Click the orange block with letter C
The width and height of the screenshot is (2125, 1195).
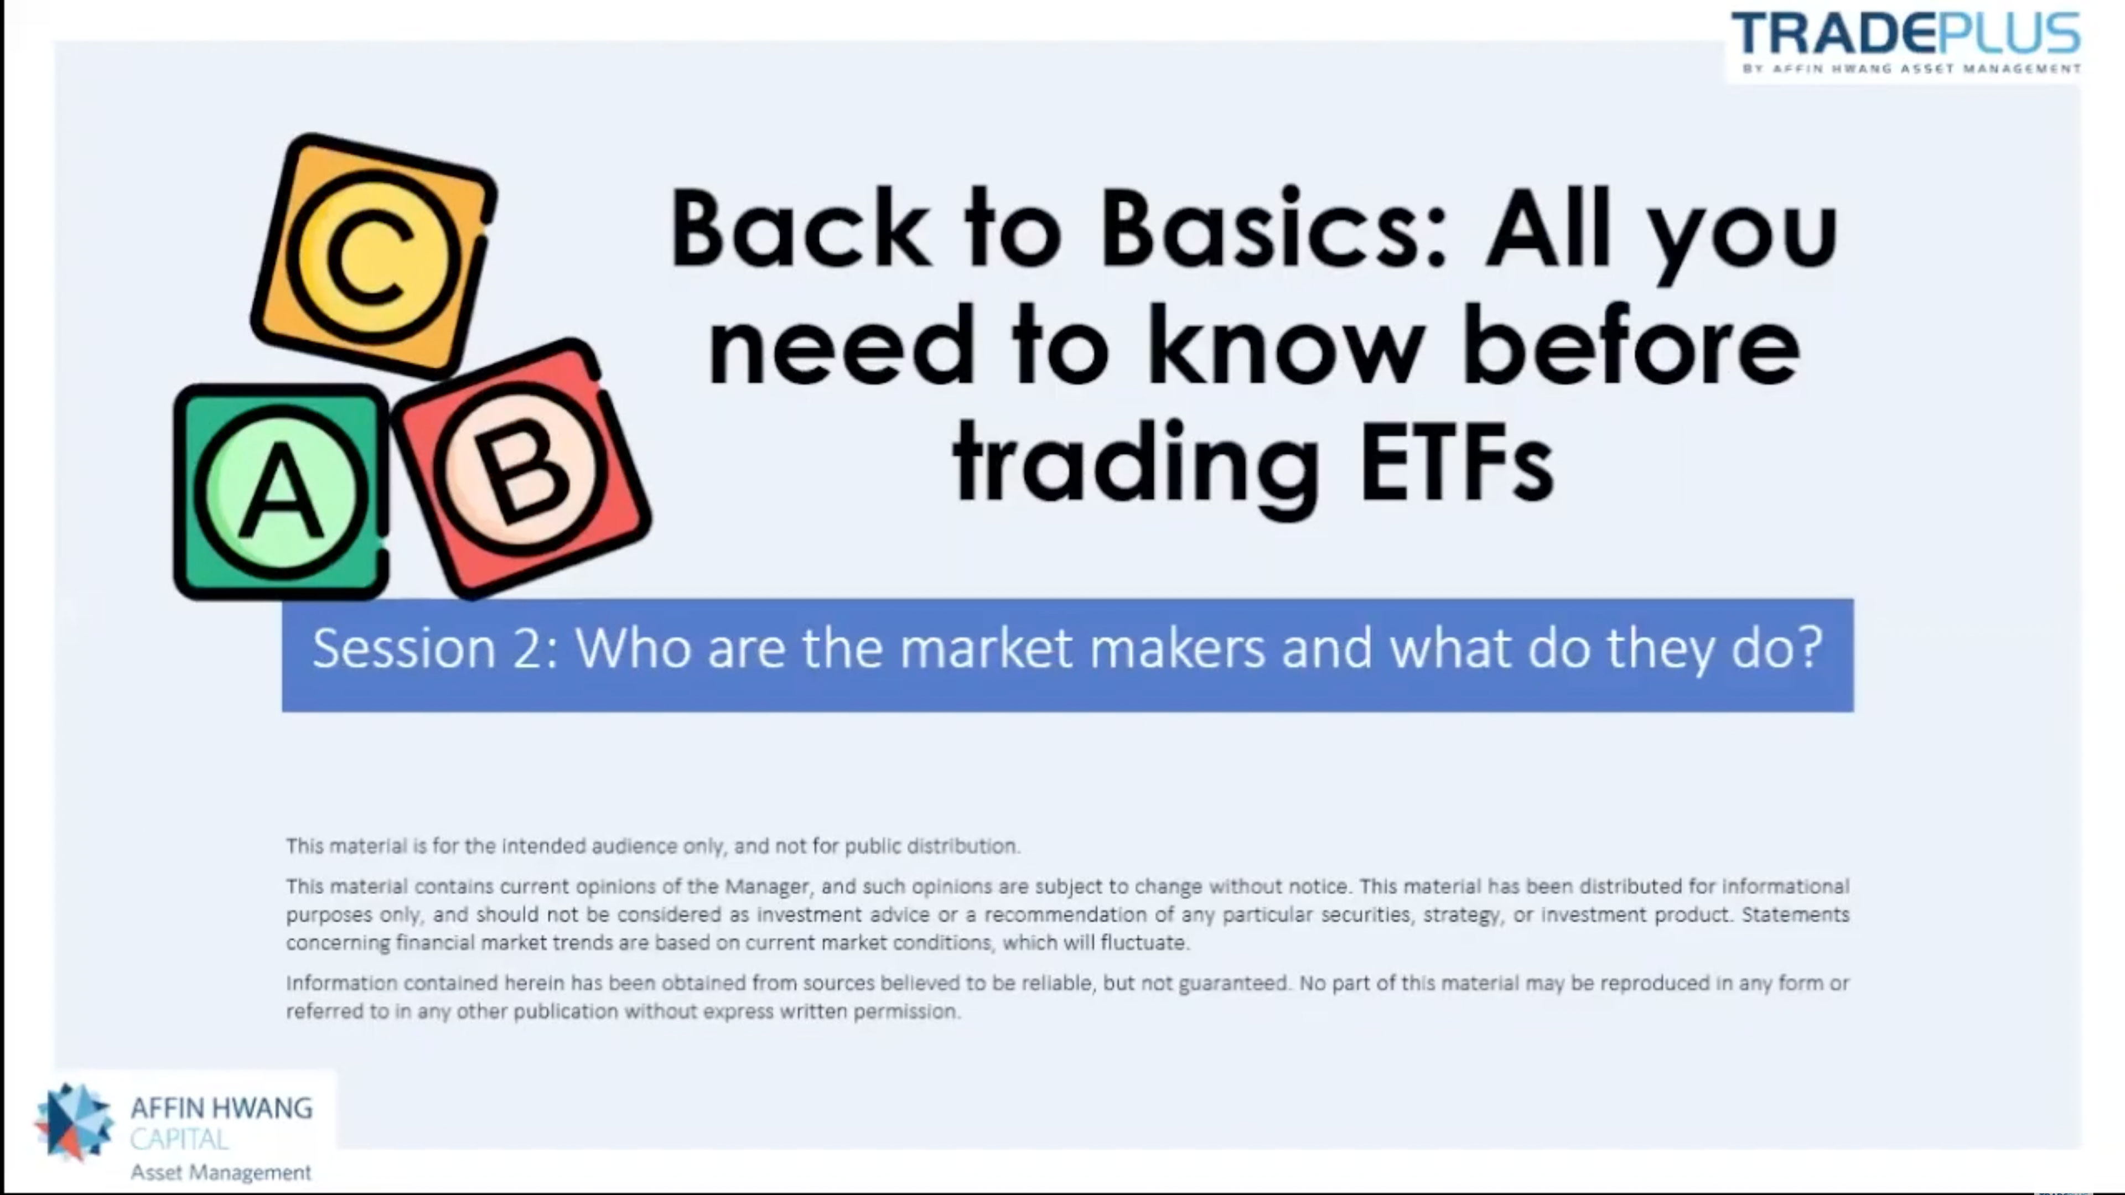(374, 256)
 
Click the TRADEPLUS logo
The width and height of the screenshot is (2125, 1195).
(1905, 43)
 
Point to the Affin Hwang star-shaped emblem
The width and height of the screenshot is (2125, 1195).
(74, 1121)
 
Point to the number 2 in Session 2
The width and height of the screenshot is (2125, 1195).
(526, 648)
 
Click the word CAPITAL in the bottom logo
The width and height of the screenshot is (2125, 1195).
(179, 1139)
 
